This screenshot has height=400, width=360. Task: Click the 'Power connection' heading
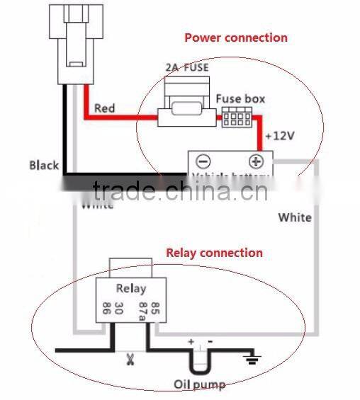[236, 38]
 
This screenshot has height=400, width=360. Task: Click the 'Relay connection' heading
[214, 253]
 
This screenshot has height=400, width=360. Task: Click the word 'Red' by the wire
[104, 109]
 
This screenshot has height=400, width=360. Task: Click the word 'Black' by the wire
[44, 165]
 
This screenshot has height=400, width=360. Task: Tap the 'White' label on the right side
[294, 217]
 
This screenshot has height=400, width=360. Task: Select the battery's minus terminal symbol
[203, 161]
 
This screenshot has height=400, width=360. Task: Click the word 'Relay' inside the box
[130, 288]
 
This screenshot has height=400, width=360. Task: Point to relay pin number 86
[106, 309]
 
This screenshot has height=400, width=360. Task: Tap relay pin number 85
[156, 308]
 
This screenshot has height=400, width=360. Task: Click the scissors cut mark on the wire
[130, 359]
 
